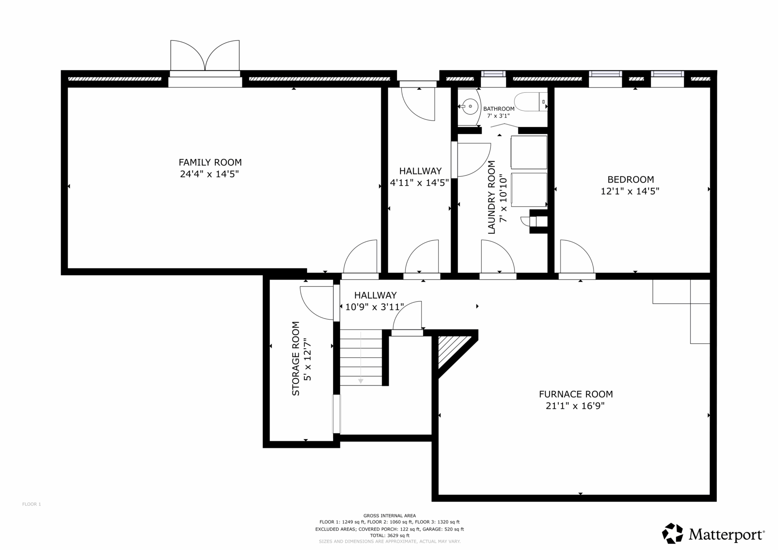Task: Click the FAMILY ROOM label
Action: point(210,162)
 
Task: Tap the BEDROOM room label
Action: point(631,179)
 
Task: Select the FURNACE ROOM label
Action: point(576,394)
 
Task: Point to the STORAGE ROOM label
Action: point(296,358)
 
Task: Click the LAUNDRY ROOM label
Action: point(492,197)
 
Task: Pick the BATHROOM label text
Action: point(499,109)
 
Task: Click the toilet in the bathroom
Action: point(531,102)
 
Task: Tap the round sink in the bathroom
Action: point(470,107)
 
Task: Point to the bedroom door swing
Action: point(577,256)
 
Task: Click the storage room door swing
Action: point(316,303)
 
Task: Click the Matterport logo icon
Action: point(673,533)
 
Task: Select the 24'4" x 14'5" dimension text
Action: point(209,174)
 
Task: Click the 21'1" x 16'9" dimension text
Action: point(575,406)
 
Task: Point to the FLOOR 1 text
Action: point(32,504)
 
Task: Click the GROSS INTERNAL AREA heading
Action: point(389,516)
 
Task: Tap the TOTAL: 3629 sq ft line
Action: point(389,535)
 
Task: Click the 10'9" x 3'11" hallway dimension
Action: point(374,307)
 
